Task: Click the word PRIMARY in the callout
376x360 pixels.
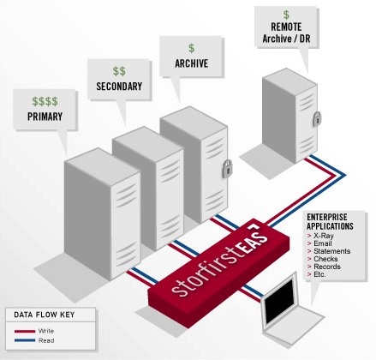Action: [x=45, y=117]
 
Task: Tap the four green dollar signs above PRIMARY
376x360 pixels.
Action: [x=45, y=101]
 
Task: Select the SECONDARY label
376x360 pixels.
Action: [x=119, y=87]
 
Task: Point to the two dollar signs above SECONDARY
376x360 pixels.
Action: [x=119, y=71]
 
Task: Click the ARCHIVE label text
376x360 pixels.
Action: [x=192, y=63]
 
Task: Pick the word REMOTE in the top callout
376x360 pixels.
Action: [x=286, y=27]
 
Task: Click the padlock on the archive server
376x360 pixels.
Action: [x=227, y=169]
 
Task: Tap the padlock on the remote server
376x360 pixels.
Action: [x=317, y=119]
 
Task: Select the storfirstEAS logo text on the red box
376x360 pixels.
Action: [x=220, y=260]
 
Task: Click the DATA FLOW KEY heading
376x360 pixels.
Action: [x=45, y=315]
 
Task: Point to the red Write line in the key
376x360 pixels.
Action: [x=25, y=332]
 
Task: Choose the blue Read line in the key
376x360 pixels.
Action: [x=25, y=340]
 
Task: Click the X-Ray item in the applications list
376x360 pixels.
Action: [x=324, y=236]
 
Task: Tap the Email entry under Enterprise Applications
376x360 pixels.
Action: [x=323, y=243]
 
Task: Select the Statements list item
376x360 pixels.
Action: [x=331, y=251]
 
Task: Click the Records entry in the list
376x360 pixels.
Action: [x=327, y=267]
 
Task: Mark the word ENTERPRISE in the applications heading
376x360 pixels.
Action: [x=327, y=217]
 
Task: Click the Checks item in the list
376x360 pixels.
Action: [x=325, y=259]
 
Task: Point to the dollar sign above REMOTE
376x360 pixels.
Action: [x=286, y=15]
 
